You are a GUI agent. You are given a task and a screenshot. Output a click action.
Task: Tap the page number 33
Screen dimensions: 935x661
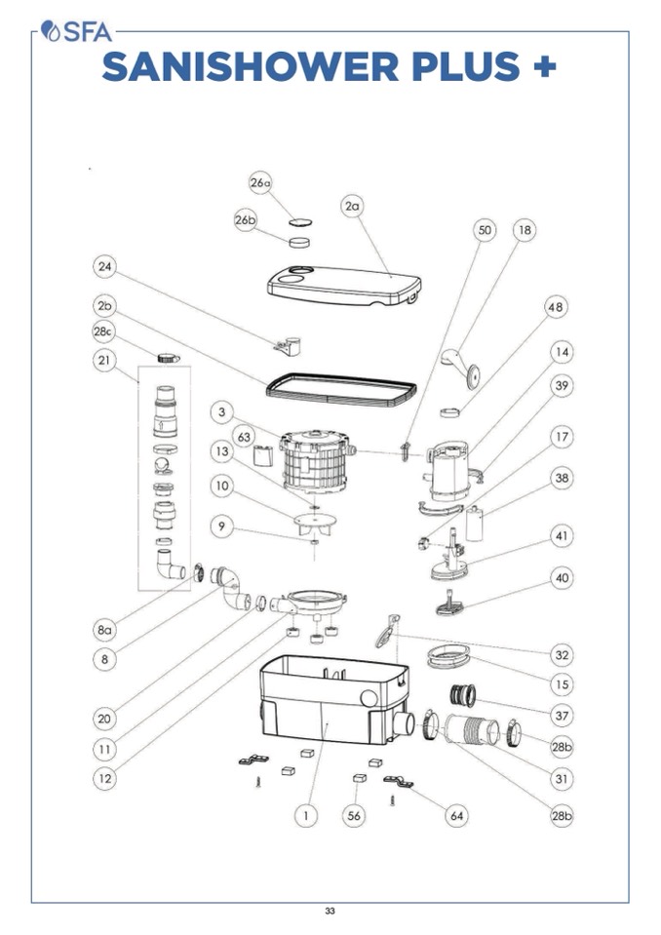pyautogui.click(x=330, y=911)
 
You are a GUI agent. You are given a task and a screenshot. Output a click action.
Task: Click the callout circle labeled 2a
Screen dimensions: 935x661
pyautogui.click(x=353, y=206)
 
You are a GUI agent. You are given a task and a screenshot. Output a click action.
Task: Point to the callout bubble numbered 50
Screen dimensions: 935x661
pyautogui.click(x=485, y=230)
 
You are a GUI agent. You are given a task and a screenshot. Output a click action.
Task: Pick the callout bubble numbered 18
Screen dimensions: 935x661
pyautogui.click(x=525, y=230)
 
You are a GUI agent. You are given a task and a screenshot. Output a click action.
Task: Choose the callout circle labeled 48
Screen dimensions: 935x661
pyautogui.click(x=555, y=307)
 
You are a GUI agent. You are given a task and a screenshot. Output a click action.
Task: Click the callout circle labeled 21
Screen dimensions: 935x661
pyautogui.click(x=105, y=361)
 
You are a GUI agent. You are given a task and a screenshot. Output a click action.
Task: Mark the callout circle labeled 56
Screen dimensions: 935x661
pyautogui.click(x=355, y=815)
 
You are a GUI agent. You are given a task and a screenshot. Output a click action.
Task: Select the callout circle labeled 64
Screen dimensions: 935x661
pyautogui.click(x=456, y=815)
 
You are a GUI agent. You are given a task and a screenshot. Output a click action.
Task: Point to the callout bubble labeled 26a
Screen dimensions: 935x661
pyautogui.click(x=260, y=182)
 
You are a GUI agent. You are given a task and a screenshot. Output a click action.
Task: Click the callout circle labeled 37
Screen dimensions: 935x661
pyautogui.click(x=562, y=716)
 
